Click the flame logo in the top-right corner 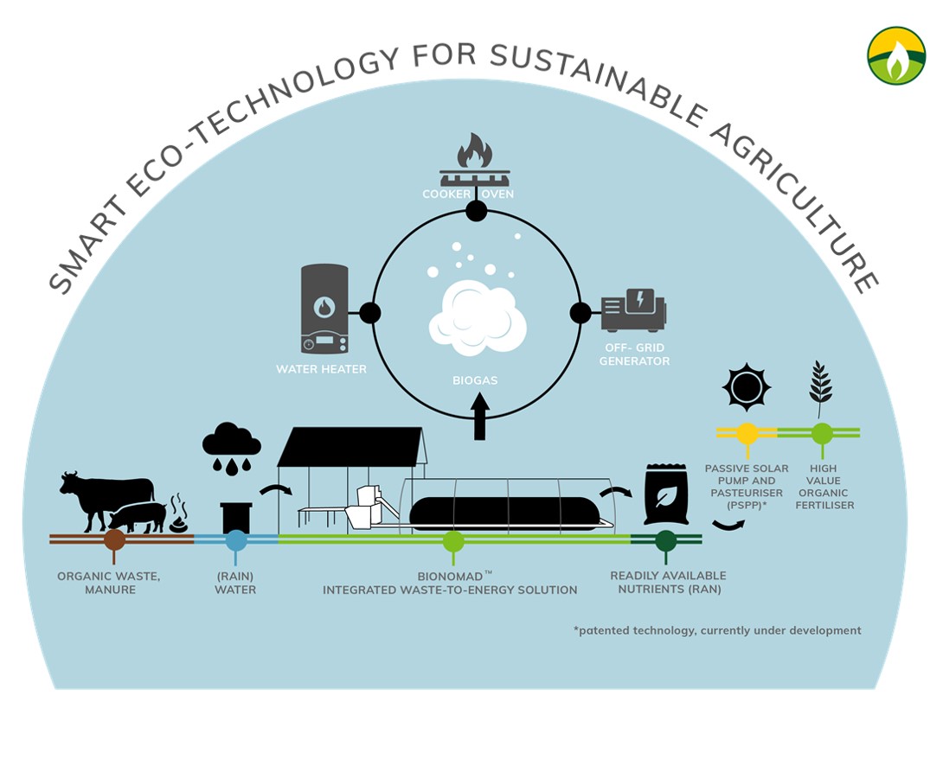[895, 55]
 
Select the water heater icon [324, 309]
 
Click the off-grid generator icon [634, 311]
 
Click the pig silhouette [138, 516]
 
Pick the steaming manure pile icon [178, 515]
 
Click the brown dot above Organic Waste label [113, 540]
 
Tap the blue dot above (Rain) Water [236, 540]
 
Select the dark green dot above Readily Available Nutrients [665, 541]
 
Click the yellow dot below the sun [747, 432]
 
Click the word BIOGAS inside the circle [475, 379]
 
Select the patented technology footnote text [717, 630]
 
